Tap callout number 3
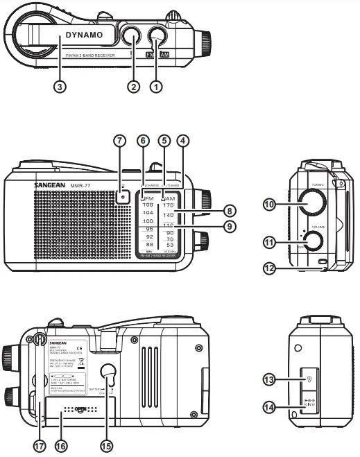tap(61, 87)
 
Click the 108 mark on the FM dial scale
tap(147, 206)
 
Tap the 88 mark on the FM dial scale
tap(147, 245)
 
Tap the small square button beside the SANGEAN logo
tap(123, 196)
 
